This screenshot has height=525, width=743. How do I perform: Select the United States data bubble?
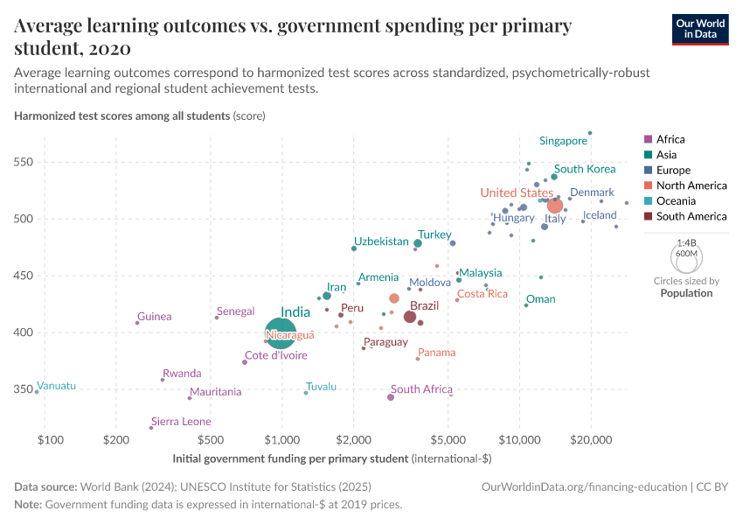click(x=554, y=206)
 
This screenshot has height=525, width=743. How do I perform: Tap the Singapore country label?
click(x=563, y=141)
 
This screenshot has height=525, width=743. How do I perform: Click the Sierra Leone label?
click(x=181, y=422)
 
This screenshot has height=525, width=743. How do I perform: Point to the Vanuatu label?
click(x=57, y=386)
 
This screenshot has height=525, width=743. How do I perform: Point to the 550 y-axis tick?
click(x=24, y=163)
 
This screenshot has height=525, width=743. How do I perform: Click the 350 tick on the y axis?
click(x=24, y=389)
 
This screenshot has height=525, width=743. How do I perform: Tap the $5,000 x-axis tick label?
click(x=448, y=438)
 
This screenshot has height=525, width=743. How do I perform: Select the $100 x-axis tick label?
click(x=49, y=438)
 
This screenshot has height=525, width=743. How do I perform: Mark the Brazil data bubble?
click(x=410, y=317)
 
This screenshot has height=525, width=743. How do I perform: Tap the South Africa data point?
click(x=391, y=397)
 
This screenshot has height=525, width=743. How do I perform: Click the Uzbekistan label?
click(x=381, y=241)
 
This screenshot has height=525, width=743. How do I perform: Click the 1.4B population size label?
click(x=687, y=245)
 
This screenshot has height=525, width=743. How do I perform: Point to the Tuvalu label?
click(x=321, y=387)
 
